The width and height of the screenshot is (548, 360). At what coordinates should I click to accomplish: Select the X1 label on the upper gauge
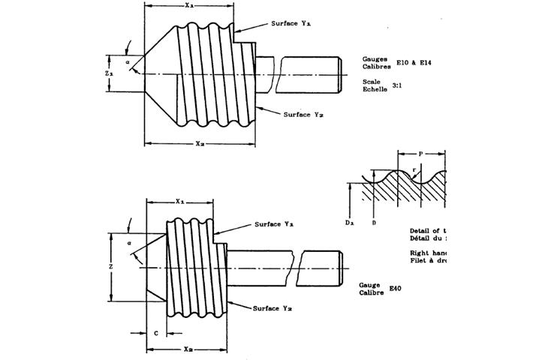click(x=189, y=6)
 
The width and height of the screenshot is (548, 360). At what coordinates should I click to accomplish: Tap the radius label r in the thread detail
click(x=414, y=170)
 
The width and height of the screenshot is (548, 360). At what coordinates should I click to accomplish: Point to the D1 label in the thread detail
click(x=349, y=222)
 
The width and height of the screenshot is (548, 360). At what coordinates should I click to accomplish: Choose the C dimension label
click(x=155, y=331)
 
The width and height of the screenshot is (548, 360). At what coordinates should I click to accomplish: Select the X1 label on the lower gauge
click(x=181, y=201)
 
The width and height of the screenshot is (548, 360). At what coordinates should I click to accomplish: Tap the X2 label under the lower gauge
click(x=189, y=349)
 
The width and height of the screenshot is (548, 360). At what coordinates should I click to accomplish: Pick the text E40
click(x=396, y=287)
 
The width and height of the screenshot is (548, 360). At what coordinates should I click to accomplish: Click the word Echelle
click(x=374, y=89)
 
